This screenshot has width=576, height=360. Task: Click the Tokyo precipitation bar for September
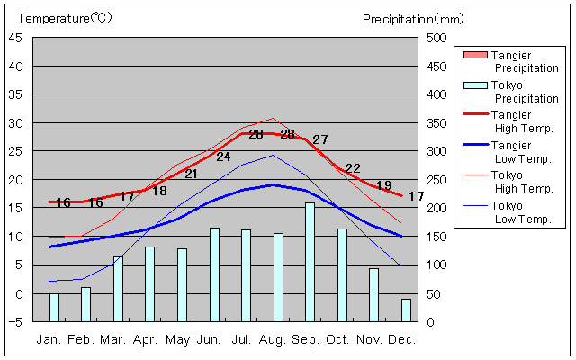(310, 262)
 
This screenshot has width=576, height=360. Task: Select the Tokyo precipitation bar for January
(54, 308)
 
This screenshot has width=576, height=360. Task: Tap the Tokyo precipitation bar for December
(406, 310)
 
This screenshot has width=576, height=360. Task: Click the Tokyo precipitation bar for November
(373, 294)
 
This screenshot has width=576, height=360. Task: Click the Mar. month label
(112, 339)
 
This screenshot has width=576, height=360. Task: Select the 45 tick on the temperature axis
(17, 38)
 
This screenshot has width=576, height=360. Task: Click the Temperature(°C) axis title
(65, 18)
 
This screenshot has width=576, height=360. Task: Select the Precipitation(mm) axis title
(413, 18)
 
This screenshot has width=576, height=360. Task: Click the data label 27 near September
(320, 139)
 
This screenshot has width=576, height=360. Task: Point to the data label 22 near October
(353, 168)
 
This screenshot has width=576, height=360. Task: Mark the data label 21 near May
(191, 174)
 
